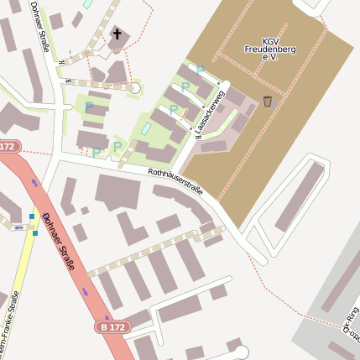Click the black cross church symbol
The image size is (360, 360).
click(x=118, y=35)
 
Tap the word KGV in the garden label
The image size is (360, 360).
click(x=271, y=40)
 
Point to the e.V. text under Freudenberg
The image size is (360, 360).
click(x=270, y=59)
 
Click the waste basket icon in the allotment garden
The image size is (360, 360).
click(x=268, y=102)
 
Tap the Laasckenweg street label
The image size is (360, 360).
click(x=211, y=114)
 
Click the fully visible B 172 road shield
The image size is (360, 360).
click(x=115, y=326)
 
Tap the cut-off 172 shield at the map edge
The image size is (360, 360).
click(x=8, y=146)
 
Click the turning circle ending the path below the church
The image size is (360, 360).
click(x=135, y=87)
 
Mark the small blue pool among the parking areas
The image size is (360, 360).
click(x=147, y=128)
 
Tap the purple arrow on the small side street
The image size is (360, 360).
click(x=18, y=227)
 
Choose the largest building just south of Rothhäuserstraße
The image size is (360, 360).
click(x=117, y=192)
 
